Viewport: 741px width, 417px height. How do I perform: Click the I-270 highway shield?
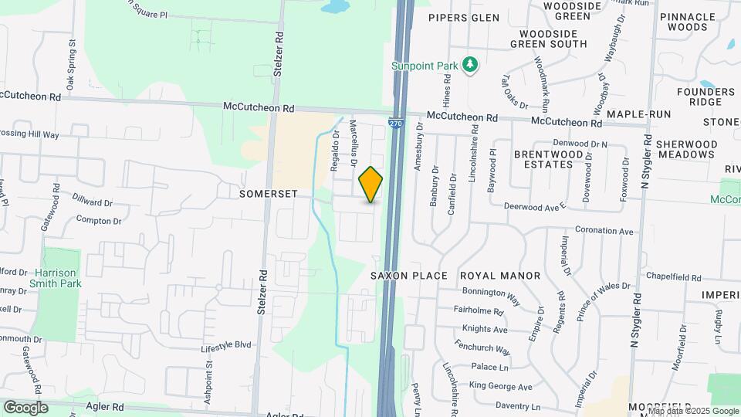(396, 123)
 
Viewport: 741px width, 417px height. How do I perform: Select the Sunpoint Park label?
(425, 66)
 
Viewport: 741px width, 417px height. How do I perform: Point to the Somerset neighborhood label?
(268, 194)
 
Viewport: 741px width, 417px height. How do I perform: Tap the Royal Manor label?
(500, 276)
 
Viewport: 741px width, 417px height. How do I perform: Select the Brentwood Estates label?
(548, 159)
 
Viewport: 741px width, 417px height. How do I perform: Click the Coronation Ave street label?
(604, 231)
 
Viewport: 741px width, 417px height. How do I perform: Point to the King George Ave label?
(501, 386)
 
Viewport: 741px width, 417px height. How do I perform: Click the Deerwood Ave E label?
(535, 206)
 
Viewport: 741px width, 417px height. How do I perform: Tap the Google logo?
(26, 407)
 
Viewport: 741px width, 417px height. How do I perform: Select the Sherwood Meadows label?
(686, 149)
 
